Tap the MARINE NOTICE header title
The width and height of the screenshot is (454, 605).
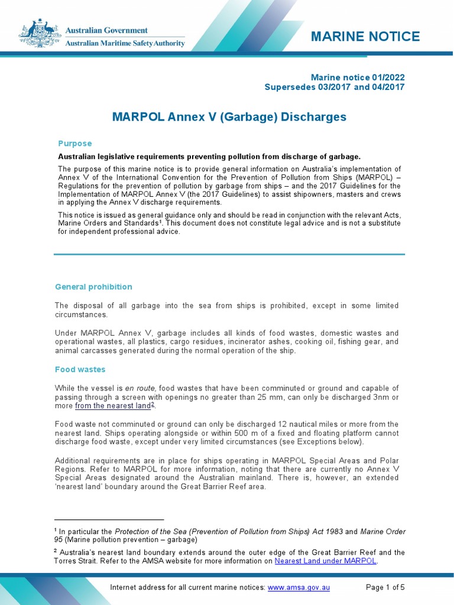tap(365, 37)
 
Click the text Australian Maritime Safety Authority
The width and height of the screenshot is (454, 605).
tap(124, 43)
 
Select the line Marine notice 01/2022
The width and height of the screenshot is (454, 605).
tap(358, 77)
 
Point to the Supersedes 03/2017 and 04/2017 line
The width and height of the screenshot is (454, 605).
tap(335, 87)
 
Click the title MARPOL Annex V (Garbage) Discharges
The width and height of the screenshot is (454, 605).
tap(229, 117)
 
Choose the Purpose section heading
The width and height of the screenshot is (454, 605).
tap(75, 144)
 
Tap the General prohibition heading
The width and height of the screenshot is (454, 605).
tap(93, 287)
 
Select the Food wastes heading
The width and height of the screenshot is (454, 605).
tap(80, 369)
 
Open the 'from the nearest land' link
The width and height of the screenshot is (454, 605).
tap(112, 406)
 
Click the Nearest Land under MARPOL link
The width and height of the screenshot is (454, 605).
tap(326, 561)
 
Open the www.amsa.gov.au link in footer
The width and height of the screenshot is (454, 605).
tap(299, 588)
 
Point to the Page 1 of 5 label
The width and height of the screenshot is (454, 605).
tap(385, 588)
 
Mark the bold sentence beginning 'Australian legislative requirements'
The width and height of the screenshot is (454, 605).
tap(209, 157)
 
